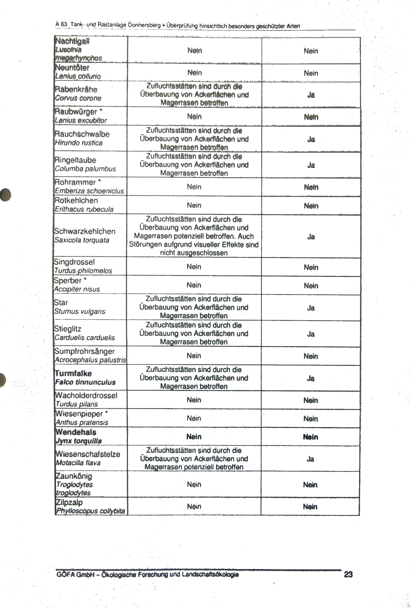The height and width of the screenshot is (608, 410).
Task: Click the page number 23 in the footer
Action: point(348,574)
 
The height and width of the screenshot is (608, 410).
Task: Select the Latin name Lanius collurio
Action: point(78,76)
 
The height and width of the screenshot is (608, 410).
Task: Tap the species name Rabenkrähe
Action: point(76,90)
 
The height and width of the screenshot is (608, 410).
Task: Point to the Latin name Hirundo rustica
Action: point(78,143)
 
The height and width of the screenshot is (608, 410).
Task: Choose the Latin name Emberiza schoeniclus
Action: point(89,191)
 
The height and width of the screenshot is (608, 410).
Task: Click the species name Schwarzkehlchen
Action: point(85,231)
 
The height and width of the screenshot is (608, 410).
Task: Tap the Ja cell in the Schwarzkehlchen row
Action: point(311,237)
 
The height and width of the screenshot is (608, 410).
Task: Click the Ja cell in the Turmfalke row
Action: point(310,378)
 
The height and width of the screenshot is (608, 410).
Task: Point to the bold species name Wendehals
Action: point(76,432)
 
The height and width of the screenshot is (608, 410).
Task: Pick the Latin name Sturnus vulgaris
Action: point(80,312)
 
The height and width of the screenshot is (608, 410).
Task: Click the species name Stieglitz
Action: point(68,329)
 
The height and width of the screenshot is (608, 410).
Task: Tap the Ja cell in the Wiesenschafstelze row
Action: point(310,459)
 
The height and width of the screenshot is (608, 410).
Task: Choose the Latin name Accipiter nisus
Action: point(77,289)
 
